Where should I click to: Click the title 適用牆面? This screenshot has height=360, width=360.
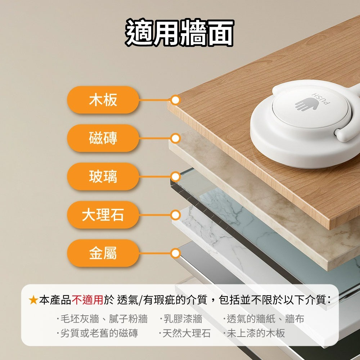[179, 32]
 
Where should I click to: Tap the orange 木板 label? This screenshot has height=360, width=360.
[103, 100]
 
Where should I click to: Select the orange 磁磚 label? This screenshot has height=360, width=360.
[103, 138]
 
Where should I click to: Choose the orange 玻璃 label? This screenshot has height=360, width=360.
[103, 176]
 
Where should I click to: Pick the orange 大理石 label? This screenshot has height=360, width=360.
[103, 215]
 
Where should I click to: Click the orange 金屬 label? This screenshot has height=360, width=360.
[103, 253]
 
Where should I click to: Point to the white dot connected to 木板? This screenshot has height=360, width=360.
[176, 100]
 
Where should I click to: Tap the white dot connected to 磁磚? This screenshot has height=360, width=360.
[176, 139]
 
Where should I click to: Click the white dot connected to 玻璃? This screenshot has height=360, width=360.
[176, 177]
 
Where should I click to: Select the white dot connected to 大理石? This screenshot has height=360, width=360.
[176, 215]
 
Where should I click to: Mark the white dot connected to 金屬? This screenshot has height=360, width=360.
[176, 253]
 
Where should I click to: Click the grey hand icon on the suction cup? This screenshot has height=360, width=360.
[306, 104]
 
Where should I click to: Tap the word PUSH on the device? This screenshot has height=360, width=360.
[321, 99]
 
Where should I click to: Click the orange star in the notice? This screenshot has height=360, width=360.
[33, 300]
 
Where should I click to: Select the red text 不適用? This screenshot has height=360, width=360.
[87, 300]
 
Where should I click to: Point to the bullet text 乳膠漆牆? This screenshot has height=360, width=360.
[183, 319]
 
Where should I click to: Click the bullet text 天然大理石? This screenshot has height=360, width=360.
[186, 333]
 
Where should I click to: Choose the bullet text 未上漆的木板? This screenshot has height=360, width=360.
[256, 333]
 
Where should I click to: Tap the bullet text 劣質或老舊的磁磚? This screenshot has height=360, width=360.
[99, 333]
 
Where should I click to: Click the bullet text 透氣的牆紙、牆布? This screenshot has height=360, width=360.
[265, 319]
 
